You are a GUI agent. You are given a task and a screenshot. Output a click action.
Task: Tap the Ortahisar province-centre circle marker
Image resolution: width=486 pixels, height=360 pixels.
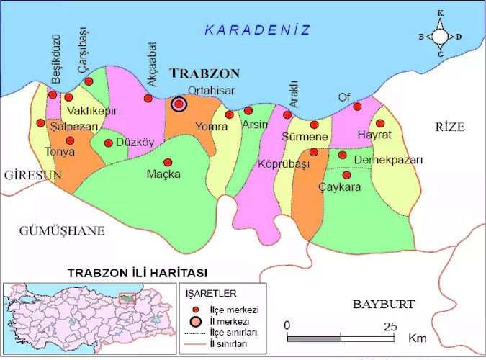coord(179,104)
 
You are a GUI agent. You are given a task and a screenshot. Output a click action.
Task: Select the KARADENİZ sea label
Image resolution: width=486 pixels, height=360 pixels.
coord(257,30)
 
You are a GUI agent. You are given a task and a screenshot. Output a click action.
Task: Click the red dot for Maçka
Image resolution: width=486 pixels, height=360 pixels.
coord(168,162)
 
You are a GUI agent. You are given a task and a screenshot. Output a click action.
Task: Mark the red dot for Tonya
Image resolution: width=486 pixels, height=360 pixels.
coord(70,140)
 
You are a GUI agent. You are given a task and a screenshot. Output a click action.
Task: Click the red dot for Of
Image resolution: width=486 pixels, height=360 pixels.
coord(357,107)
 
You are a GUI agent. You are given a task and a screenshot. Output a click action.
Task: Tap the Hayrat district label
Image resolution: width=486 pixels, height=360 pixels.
coord(374,135)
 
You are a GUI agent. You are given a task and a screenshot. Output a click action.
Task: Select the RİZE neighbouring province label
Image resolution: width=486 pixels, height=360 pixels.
coord(450,127)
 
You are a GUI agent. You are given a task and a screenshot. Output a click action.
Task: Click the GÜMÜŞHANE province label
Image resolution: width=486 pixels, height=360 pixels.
coord(62,230)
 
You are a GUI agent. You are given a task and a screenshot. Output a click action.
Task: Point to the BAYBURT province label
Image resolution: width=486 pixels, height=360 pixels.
coord(384,304)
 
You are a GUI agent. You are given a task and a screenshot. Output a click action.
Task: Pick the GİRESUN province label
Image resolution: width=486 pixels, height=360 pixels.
coord(30,175)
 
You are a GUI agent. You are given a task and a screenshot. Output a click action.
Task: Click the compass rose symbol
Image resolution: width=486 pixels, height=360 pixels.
coord(440,35)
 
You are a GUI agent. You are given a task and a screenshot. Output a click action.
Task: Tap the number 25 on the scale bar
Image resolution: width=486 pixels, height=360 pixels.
coord(390,325)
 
